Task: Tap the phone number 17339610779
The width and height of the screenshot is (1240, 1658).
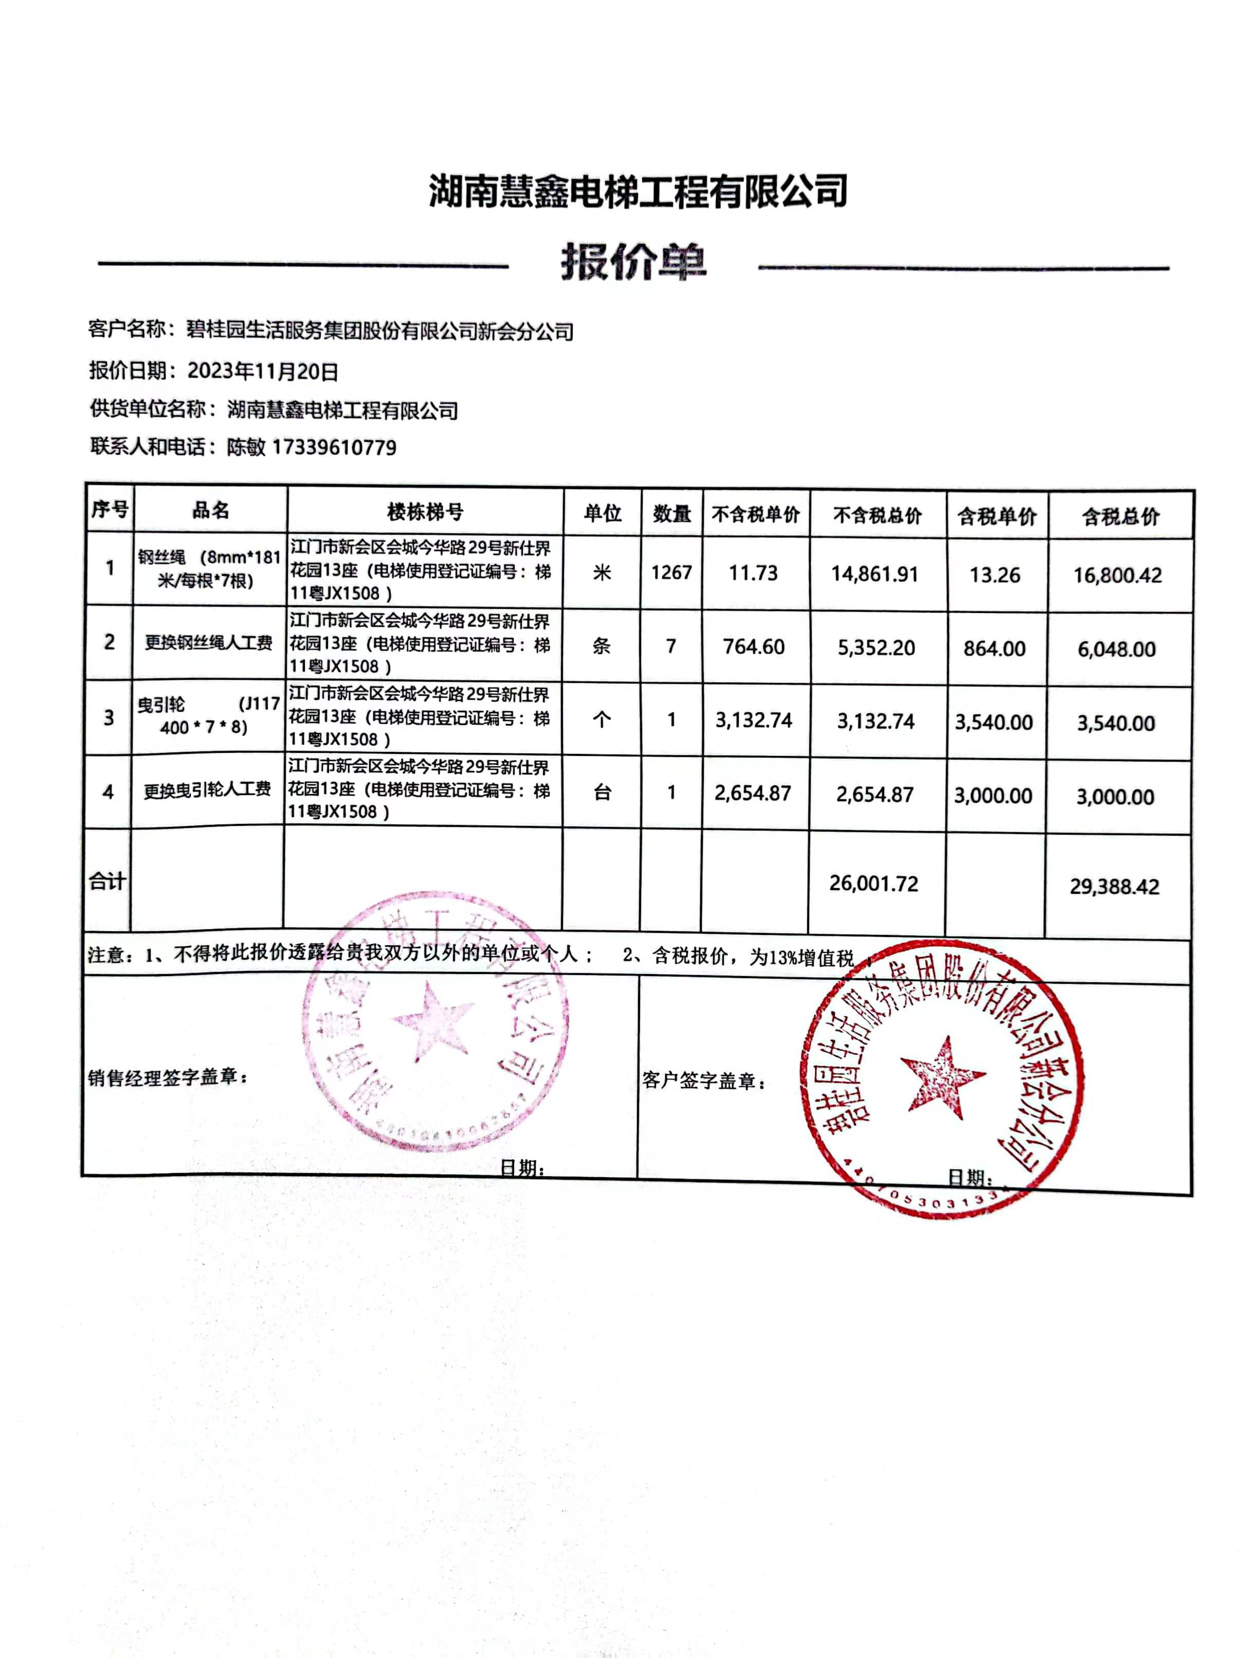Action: [x=334, y=447]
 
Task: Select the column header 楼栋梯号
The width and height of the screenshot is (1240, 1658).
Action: [x=425, y=512]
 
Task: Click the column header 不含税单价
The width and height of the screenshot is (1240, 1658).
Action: [x=755, y=514]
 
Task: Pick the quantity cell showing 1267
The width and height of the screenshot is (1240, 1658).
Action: [x=670, y=573]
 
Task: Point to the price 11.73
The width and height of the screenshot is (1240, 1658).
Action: [x=753, y=573]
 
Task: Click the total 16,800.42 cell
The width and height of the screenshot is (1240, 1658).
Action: [x=1117, y=575]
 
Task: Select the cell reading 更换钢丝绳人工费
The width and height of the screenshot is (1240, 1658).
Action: [x=208, y=643]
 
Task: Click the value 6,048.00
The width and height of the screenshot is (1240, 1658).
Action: [x=1117, y=649]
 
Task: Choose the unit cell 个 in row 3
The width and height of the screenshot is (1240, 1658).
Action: [x=601, y=719]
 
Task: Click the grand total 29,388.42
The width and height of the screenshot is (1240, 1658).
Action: [x=1114, y=887]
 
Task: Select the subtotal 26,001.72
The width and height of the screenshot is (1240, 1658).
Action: [x=873, y=884]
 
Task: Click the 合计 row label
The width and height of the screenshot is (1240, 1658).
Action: [x=107, y=881]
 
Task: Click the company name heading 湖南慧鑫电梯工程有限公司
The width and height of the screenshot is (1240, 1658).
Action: [x=637, y=191]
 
